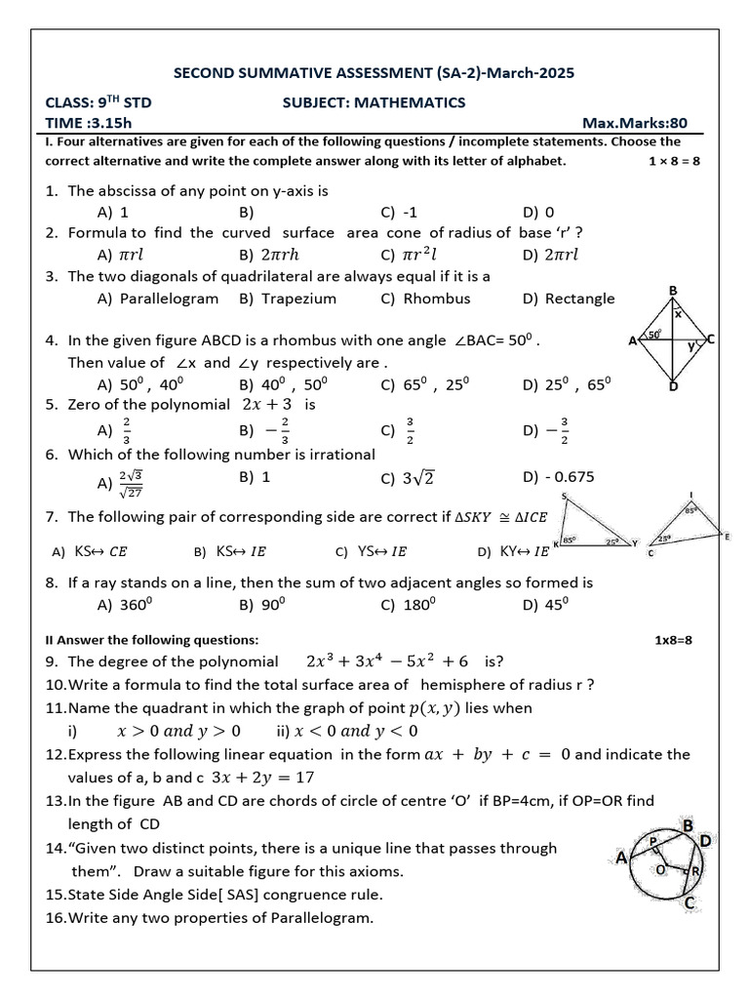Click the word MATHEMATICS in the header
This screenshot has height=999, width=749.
point(410,102)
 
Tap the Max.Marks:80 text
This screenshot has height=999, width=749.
point(635,123)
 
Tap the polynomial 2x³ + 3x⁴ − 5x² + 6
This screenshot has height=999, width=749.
point(388,660)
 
